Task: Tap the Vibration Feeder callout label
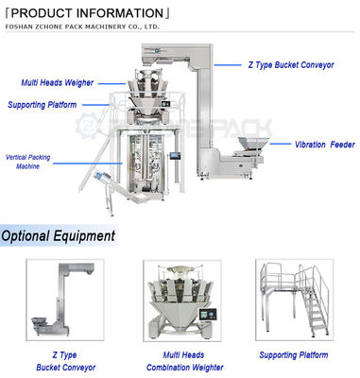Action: tap(322, 145)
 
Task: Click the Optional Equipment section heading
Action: tap(59, 235)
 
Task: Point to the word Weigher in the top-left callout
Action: tap(77, 83)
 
